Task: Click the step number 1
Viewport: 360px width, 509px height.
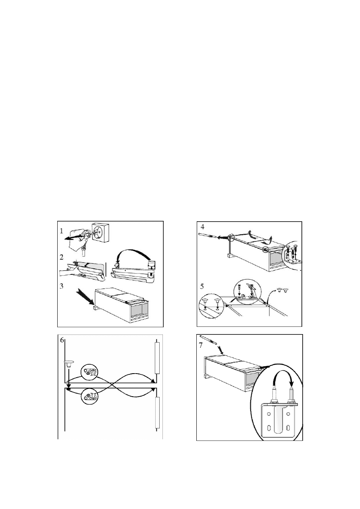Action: coord(61,231)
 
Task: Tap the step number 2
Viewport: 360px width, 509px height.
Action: coord(61,258)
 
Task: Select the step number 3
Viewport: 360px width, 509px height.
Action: coord(61,286)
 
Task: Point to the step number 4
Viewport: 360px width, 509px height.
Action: coord(202,227)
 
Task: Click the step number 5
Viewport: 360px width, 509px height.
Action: coord(202,287)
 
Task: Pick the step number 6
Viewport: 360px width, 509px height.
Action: coord(62,341)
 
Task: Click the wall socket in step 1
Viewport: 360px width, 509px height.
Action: coord(100,233)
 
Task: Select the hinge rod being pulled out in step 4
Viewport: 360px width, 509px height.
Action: coord(207,235)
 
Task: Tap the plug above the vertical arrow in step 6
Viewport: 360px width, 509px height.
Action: coord(69,364)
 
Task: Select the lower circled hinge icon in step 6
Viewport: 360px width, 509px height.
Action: coord(89,396)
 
